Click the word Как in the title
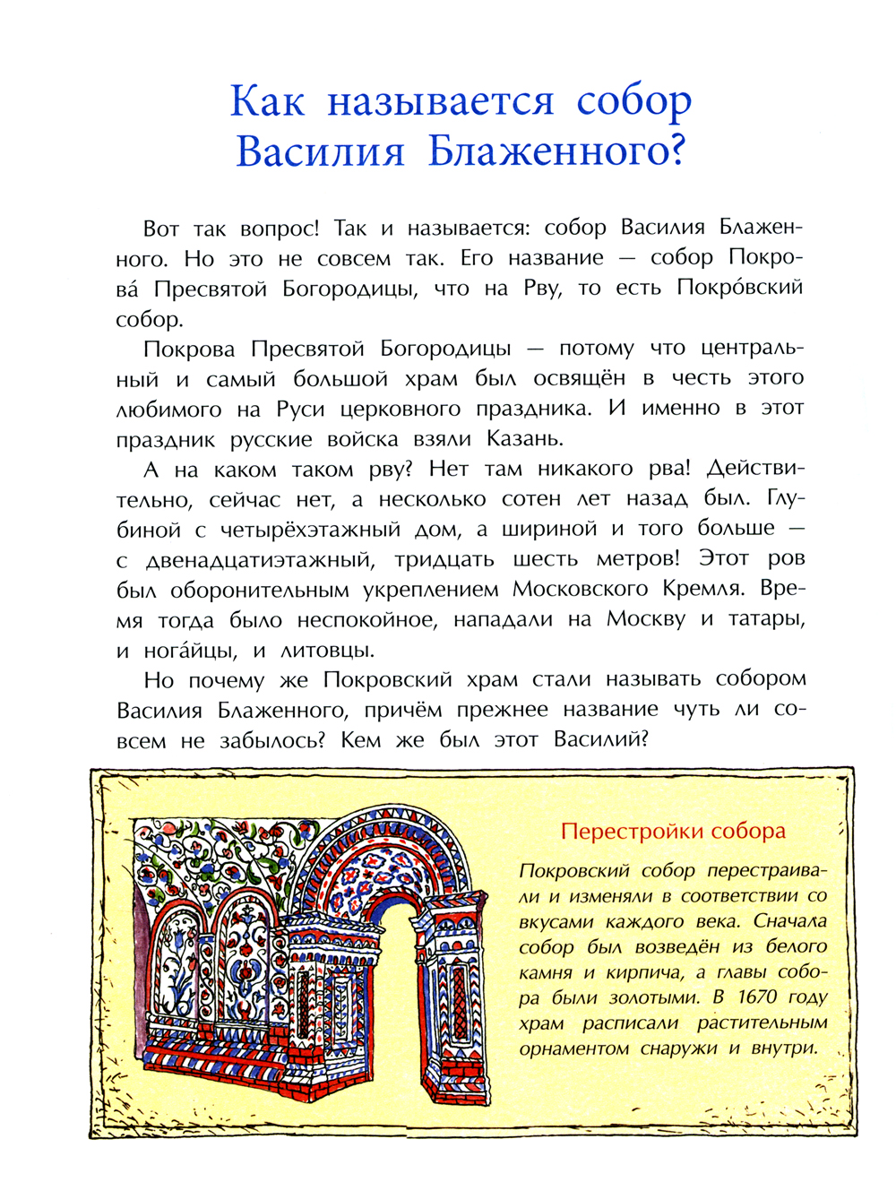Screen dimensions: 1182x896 pos(267,100)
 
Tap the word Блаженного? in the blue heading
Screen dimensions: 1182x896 pos(556,151)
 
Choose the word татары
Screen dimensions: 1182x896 pos(766,620)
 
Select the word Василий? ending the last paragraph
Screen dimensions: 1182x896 pos(600,740)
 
